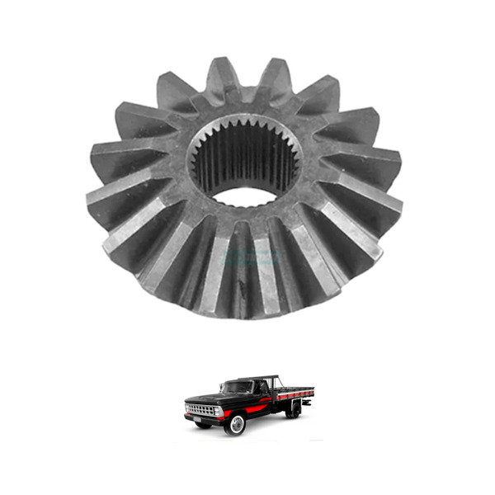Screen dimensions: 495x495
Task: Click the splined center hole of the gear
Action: pos(243,161)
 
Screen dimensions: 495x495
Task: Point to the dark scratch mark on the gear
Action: pos(241,288)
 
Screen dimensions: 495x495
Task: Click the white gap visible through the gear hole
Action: pos(246,197)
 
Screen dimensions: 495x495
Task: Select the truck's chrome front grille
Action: pos(199,410)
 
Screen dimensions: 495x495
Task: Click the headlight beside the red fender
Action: pos(218,410)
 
